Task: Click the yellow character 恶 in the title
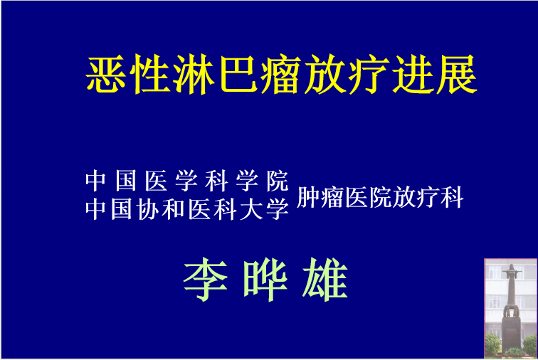tap(106, 74)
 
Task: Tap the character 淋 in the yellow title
tap(194, 74)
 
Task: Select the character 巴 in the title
tap(238, 74)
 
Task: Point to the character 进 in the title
tap(413, 74)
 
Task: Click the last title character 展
tap(457, 74)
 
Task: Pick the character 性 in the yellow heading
tap(150, 74)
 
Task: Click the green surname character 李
tap(206, 280)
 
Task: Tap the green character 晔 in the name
tap(265, 280)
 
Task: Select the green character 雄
tap(325, 280)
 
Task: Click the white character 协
tap(147, 209)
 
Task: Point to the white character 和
tap(173, 209)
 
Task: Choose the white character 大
tap(250, 209)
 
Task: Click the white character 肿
tap(307, 197)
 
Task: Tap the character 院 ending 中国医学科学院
tap(278, 181)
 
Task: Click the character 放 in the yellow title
tap(325, 74)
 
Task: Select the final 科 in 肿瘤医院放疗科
tap(452, 197)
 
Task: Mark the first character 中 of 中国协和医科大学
tap(96, 209)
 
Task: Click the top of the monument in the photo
tap(511, 265)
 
